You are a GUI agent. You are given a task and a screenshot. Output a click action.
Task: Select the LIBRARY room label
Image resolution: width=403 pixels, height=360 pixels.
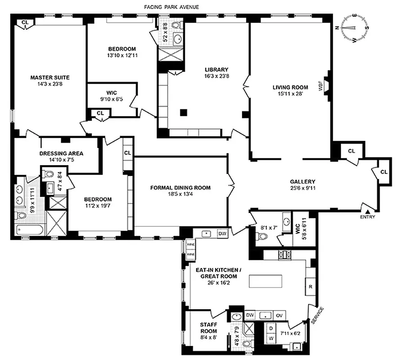[x=217, y=70]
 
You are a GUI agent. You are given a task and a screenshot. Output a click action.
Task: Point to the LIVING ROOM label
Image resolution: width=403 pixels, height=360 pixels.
[x=290, y=87]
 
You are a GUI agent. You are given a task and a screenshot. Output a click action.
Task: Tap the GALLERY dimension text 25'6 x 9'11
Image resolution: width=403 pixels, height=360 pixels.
[x=302, y=189]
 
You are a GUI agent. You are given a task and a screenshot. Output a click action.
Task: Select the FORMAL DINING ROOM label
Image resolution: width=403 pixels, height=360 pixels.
[x=180, y=188]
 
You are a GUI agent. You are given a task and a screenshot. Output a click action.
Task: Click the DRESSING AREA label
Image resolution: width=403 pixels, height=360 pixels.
[x=61, y=153]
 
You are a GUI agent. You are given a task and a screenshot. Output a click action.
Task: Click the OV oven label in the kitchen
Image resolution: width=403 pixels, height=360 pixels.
[x=279, y=315]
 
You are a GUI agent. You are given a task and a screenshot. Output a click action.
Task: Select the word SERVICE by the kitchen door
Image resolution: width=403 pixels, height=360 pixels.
[x=317, y=315]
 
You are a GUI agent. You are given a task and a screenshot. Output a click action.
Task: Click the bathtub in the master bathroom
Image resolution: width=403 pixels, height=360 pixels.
[x=28, y=230]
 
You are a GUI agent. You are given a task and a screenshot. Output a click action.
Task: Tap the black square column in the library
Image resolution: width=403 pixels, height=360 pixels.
[x=184, y=112]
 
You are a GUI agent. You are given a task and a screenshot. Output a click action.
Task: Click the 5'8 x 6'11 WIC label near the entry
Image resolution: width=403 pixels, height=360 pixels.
[x=298, y=227]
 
